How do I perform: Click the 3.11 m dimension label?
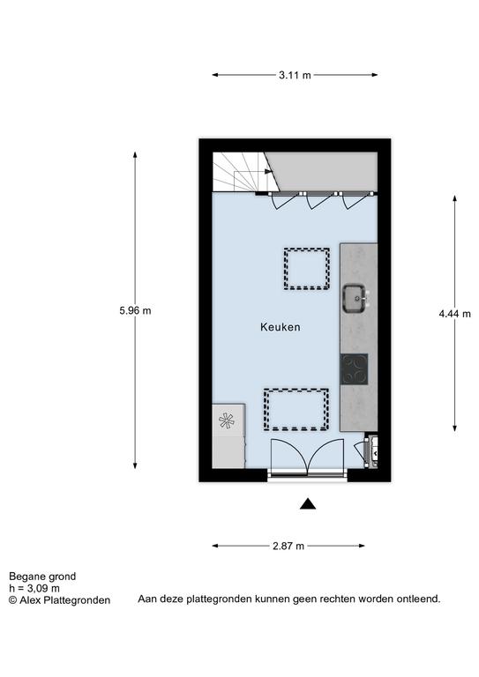[x=295, y=75]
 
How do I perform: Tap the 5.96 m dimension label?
[x=135, y=310]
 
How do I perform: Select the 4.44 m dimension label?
[x=455, y=314]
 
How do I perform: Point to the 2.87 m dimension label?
[x=288, y=547]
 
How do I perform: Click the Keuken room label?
[x=281, y=327]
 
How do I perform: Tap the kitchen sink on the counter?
[x=356, y=298]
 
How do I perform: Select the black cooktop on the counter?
[x=354, y=369]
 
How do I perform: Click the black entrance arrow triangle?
[x=308, y=504]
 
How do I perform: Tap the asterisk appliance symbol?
[x=227, y=420]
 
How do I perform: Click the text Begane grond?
[x=42, y=577]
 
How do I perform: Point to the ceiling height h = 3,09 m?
[x=34, y=588]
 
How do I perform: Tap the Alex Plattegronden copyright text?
[x=60, y=600]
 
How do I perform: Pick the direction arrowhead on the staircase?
[x=269, y=171]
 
